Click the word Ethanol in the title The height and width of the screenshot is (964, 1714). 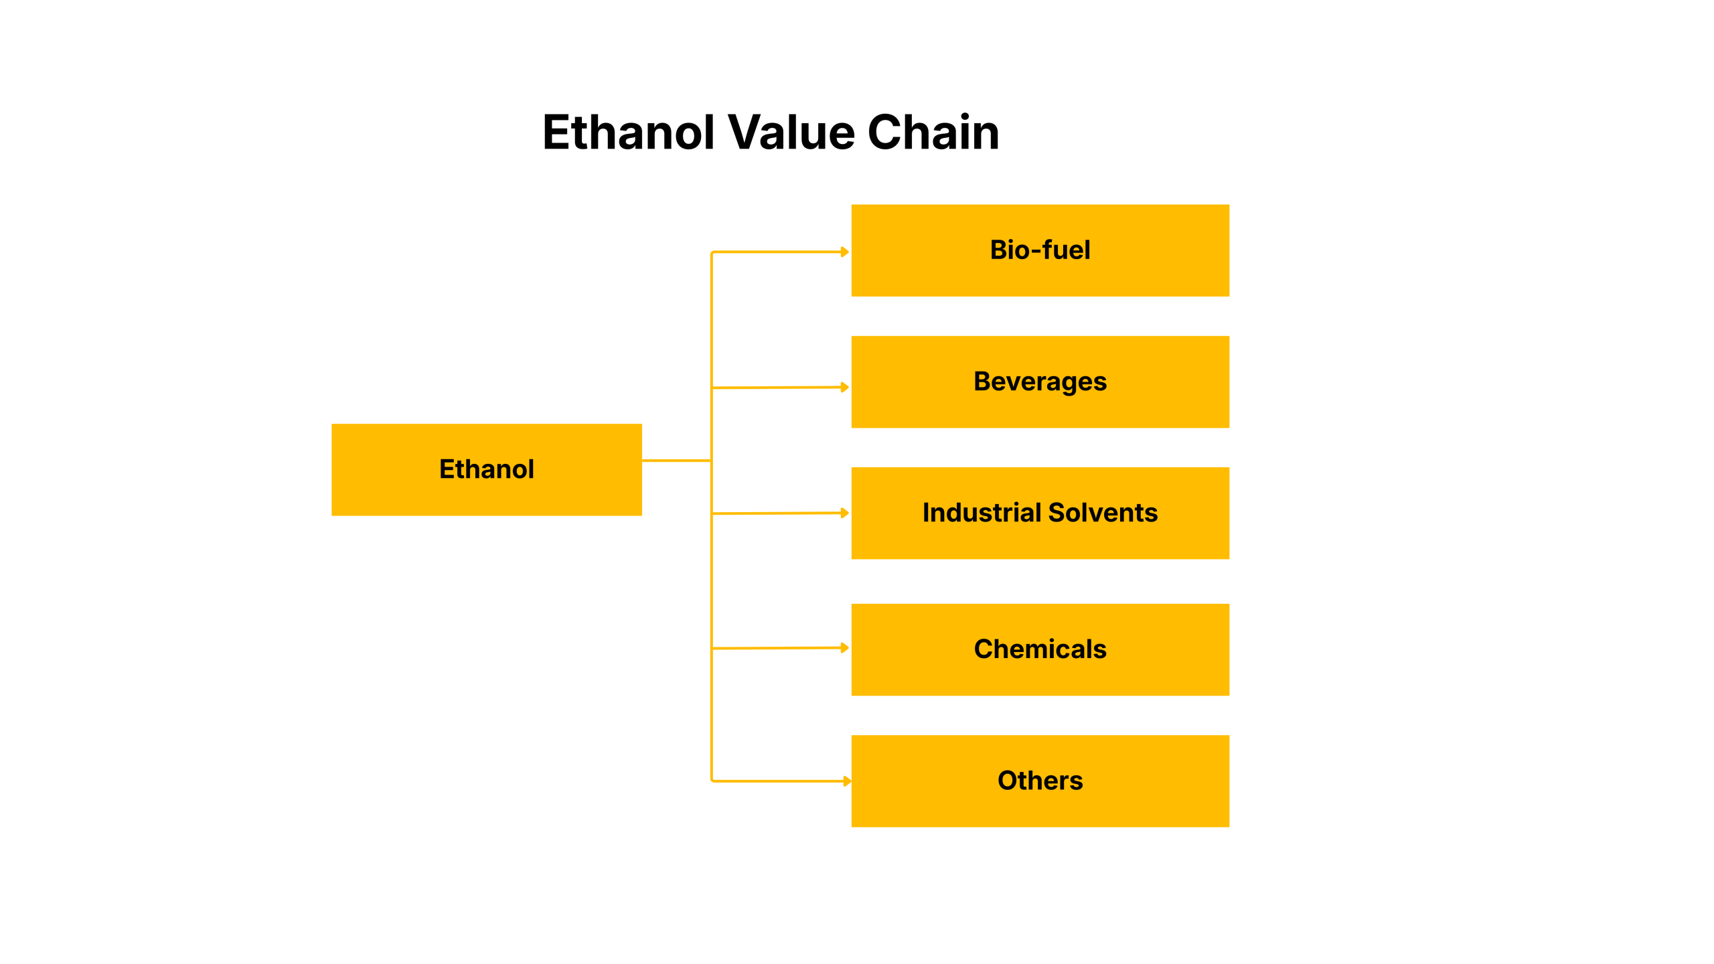pos(629,132)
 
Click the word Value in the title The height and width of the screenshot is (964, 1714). pos(791,132)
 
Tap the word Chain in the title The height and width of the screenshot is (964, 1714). pos(933,132)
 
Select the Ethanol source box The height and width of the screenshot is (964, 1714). pos(487,469)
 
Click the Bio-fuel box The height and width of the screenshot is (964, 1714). pos(1040,250)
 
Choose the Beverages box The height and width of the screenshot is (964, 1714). pos(1040,382)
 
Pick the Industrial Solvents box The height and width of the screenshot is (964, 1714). pos(1040,513)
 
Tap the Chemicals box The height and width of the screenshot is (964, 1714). pos(1040,649)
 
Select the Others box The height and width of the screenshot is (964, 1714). pos(1040,781)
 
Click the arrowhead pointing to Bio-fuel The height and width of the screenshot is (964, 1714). pos(845,252)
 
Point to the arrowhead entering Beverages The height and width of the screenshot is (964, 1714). pos(845,387)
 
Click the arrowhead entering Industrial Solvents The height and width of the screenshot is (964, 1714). pos(845,513)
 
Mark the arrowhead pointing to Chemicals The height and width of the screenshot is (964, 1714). pos(845,647)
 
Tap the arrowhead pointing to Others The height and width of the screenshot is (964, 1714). pos(847,781)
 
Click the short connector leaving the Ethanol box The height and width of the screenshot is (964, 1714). pos(676,461)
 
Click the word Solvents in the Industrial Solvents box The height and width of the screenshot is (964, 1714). pos(1103,513)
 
